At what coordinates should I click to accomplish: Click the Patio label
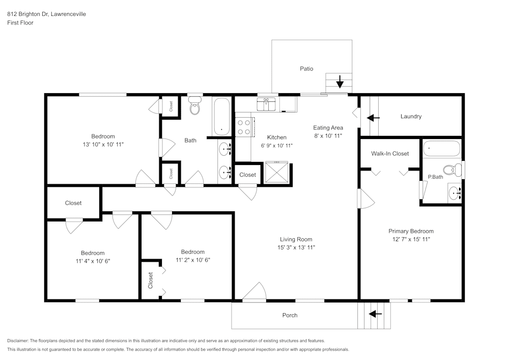(306, 69)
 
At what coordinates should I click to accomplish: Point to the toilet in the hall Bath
(194, 107)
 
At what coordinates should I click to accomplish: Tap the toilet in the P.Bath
(449, 170)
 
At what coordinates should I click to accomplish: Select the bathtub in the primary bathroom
(441, 149)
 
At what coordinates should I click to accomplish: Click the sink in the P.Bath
(455, 192)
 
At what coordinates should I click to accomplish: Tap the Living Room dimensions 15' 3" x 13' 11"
(296, 247)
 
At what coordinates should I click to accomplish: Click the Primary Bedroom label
(411, 231)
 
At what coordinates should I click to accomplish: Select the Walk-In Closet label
(390, 153)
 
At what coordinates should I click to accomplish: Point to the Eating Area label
(328, 128)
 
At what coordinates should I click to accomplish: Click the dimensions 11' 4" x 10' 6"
(93, 261)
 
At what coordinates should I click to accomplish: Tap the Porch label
(290, 315)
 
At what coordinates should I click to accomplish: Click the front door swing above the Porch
(254, 293)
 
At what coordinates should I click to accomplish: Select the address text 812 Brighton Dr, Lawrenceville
(46, 14)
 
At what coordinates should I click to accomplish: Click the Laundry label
(411, 117)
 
